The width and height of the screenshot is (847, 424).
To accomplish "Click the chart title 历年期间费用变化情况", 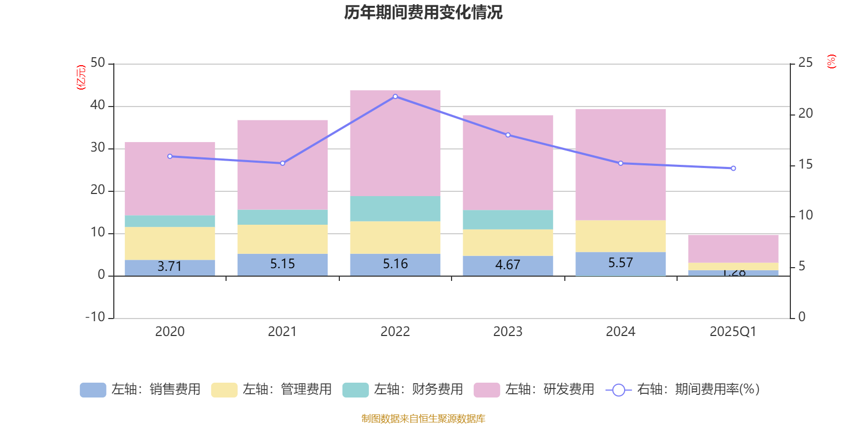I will tap(423, 12).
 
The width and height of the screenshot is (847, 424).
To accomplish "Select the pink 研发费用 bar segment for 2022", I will tap(395, 143).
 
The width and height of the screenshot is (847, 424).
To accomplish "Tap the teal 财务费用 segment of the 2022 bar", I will tap(395, 209).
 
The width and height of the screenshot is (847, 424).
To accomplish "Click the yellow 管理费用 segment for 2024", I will tap(620, 236).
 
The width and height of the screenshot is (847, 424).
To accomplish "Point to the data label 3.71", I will tap(169, 266).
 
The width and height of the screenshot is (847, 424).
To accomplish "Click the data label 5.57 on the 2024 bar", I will tap(620, 263).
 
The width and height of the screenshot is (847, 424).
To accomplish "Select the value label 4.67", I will tap(508, 264).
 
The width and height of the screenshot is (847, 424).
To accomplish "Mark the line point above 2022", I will tap(395, 96).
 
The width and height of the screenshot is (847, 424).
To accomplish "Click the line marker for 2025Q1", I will tap(733, 169).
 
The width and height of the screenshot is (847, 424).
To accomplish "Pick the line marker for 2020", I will tap(170, 156).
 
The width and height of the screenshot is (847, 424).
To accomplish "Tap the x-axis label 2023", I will tap(508, 332).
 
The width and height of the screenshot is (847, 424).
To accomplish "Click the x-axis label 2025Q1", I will tap(733, 332).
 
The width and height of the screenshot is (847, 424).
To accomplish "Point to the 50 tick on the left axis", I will tap(97, 63).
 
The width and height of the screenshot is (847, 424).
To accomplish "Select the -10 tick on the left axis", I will tap(96, 317).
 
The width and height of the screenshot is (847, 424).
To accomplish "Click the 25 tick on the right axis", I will tap(805, 63).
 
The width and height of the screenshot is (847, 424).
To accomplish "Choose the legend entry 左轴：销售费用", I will tap(140, 390).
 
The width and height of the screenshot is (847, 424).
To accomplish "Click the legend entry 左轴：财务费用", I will tap(403, 390).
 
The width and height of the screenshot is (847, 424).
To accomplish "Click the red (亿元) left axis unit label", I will tap(80, 77).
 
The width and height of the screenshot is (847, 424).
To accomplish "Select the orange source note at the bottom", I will tap(423, 419).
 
